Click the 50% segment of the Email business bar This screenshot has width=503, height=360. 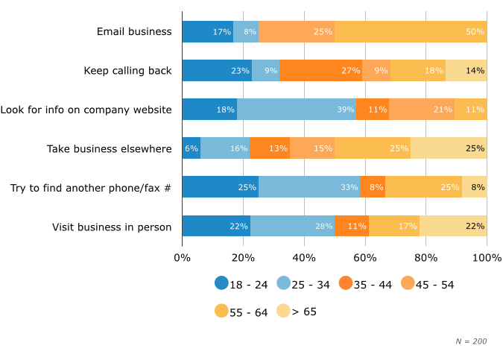click(x=411, y=32)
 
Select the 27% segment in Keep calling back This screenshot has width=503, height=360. click(x=321, y=71)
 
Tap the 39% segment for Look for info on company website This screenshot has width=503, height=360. click(x=297, y=110)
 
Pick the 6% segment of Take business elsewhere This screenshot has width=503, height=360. click(x=192, y=148)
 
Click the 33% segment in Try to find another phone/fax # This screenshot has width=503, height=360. click(x=310, y=187)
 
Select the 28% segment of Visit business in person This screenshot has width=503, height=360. click(x=293, y=226)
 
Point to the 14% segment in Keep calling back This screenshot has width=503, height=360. click(x=466, y=71)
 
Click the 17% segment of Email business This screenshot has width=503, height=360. click(x=208, y=32)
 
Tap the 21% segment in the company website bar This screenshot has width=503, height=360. click(x=422, y=110)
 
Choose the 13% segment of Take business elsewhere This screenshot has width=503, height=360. click(x=270, y=148)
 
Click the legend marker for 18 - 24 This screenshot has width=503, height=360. click(x=221, y=283)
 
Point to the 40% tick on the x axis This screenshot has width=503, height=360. click(x=304, y=258)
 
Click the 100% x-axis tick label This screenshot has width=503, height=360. click(x=487, y=258)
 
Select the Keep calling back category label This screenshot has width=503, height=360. click(x=127, y=71)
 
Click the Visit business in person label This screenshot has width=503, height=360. click(x=112, y=227)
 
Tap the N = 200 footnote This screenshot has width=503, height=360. click(x=471, y=341)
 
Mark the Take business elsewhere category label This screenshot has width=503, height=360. click(x=109, y=148)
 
